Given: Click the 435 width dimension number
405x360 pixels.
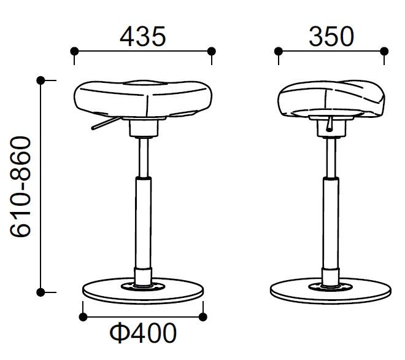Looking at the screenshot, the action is [142, 36].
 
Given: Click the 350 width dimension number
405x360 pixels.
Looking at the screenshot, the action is [331, 36].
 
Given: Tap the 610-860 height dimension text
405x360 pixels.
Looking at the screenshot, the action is [20, 187].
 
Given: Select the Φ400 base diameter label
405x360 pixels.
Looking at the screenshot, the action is [143, 333].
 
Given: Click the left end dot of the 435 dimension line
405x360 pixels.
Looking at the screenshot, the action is [74, 51].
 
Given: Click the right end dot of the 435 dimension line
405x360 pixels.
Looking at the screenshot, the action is [212, 51].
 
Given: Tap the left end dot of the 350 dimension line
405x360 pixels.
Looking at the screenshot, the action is [279, 51].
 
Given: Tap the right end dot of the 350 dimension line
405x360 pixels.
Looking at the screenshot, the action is [384, 51].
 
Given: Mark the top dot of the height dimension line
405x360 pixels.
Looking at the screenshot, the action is [41, 80].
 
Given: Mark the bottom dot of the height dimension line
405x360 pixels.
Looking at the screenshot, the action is [41, 292].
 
